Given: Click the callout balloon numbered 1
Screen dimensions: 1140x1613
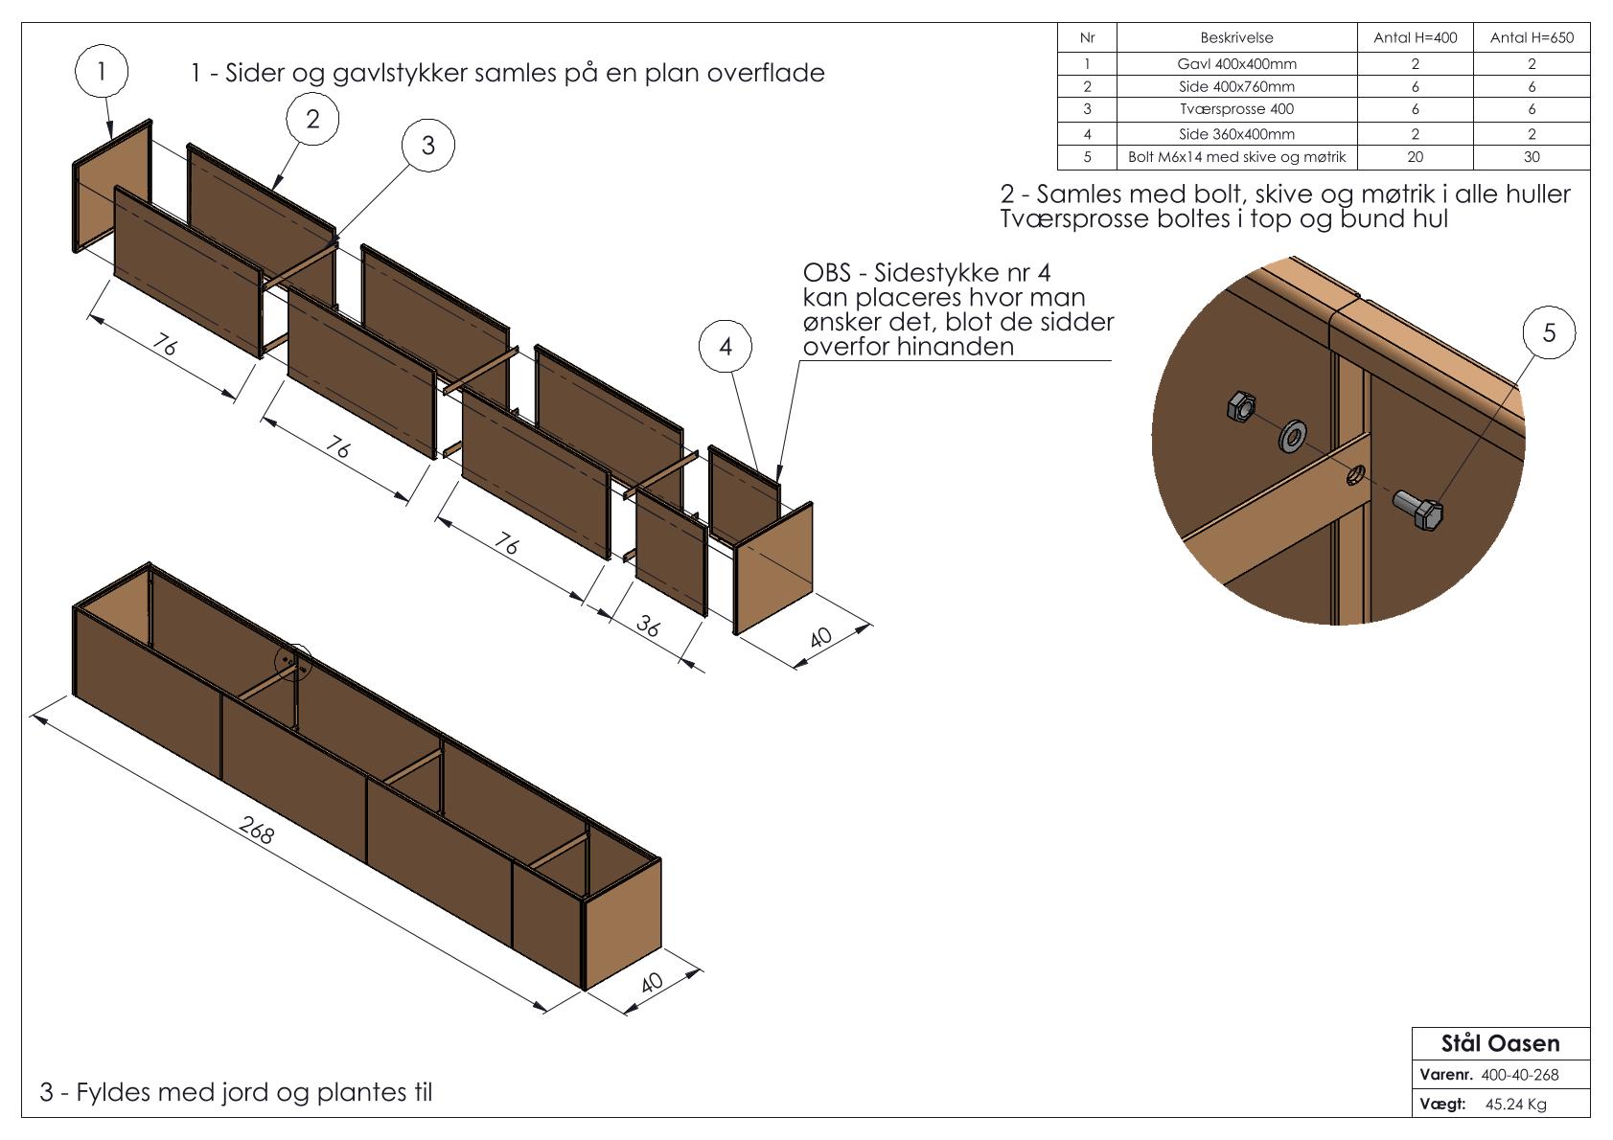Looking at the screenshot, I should coord(101,70).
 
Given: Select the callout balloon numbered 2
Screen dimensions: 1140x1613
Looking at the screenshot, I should coord(312,119).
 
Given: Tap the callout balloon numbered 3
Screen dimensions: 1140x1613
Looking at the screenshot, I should coord(427,145).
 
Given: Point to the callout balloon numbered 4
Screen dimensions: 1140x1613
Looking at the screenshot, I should coord(726,346).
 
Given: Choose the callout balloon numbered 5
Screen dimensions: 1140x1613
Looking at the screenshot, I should coord(1549,332).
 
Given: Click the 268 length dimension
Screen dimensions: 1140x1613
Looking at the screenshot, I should coord(255,831).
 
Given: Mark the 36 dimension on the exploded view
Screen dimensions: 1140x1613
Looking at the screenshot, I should coord(649,627).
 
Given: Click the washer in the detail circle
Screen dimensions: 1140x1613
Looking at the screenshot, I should coord(1293,436).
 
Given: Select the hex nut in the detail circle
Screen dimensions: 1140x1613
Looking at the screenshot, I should coord(1240,408).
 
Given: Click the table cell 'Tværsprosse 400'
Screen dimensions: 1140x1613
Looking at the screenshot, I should coord(1236,109).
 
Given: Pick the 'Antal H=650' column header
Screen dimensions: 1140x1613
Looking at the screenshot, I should coord(1532,38).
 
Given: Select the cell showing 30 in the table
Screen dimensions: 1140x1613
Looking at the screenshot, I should coord(1532,157).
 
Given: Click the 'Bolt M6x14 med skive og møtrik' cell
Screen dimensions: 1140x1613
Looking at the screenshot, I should coord(1236,157).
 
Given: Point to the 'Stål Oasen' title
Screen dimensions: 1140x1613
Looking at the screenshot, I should coord(1500,1043).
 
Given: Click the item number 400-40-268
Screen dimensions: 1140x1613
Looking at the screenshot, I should coord(1520,1075).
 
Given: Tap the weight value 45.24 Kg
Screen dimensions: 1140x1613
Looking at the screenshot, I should coord(1515,1105).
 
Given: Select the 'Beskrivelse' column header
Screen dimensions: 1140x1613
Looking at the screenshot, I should coord(1236,38).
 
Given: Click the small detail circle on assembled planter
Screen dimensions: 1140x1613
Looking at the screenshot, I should coord(293,660).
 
